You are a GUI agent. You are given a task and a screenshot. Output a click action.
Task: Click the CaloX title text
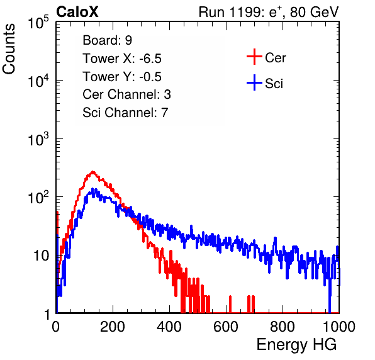[x=77, y=12]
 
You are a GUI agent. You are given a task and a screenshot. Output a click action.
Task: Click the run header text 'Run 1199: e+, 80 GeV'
[x=269, y=12]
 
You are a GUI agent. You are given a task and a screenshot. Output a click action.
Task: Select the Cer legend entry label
[x=275, y=58]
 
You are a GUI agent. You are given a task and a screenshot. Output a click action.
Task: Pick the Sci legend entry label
[x=274, y=84]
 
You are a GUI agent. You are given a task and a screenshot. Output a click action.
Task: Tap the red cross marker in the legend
[x=254, y=57]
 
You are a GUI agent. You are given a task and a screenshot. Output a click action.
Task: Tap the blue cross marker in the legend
[x=254, y=82]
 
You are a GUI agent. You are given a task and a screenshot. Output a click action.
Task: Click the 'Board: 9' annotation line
[x=107, y=40]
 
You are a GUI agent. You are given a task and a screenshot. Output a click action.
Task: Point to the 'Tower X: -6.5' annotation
[x=122, y=59]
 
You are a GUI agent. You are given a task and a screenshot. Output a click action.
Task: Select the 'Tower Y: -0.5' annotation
[x=122, y=77]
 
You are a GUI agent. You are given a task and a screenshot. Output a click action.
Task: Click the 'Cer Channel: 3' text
[x=126, y=94]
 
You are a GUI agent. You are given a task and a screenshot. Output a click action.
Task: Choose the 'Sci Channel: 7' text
[x=125, y=113]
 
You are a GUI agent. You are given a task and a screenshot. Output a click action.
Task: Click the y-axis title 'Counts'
[x=9, y=49]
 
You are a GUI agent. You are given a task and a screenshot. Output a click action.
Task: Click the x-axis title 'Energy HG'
[x=296, y=345]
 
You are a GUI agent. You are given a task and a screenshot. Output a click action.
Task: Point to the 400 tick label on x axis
[x=169, y=327]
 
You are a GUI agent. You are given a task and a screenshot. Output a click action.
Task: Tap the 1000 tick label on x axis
[x=339, y=327]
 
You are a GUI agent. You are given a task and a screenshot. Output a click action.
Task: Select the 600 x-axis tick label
[x=226, y=327]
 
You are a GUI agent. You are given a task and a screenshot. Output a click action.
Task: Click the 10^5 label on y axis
[x=38, y=22]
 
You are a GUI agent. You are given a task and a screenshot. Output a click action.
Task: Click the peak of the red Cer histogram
[x=93, y=172]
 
